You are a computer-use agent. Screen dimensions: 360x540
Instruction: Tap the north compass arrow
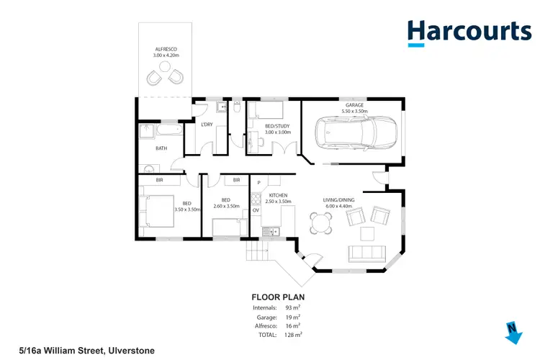(513, 332)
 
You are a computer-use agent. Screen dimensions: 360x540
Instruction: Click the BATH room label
(161, 148)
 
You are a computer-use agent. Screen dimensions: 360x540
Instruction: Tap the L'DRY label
(207, 125)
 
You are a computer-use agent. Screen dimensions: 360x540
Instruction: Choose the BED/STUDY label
(278, 127)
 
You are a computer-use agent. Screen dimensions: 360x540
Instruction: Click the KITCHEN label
(279, 195)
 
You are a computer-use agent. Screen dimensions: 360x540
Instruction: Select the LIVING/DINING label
(340, 201)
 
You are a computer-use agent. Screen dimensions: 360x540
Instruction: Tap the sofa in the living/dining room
(366, 253)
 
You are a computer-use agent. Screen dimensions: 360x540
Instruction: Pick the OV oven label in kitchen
(255, 210)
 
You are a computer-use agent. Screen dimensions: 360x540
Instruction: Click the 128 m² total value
(292, 335)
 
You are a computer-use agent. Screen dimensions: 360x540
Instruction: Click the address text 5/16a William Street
(77, 351)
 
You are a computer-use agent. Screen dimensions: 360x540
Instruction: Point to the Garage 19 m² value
(292, 316)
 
